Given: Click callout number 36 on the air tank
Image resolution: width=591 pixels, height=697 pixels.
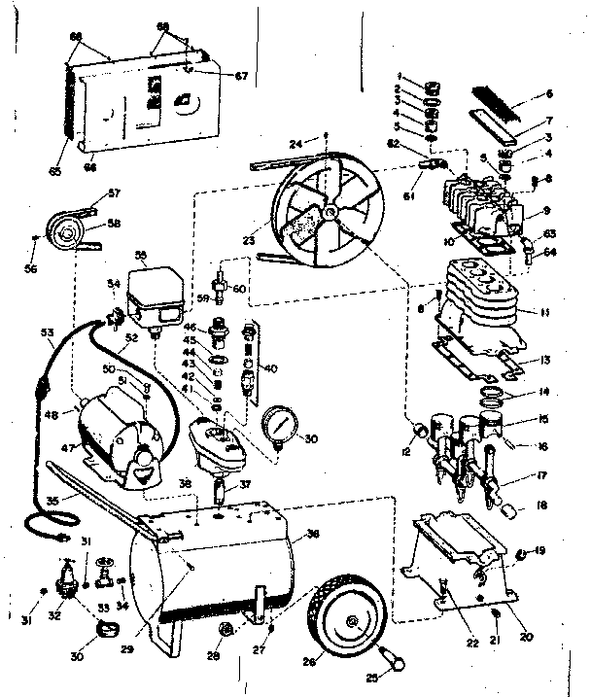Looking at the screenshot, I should [x=312, y=533].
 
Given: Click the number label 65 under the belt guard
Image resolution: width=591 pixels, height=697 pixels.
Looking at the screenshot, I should [x=55, y=172].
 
